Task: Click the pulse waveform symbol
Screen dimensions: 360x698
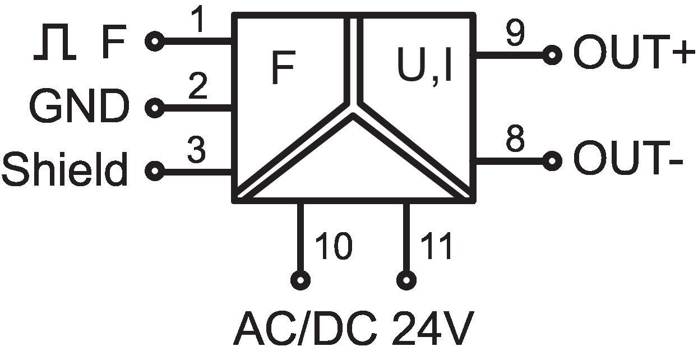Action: [x=54, y=45]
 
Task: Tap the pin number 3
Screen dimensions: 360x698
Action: [x=196, y=150]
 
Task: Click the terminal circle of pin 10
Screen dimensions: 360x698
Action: [x=301, y=280]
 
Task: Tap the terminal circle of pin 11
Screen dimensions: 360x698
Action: [x=406, y=280]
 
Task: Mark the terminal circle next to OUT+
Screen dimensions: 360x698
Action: [x=552, y=55]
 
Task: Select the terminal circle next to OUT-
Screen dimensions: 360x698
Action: [x=552, y=161]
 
